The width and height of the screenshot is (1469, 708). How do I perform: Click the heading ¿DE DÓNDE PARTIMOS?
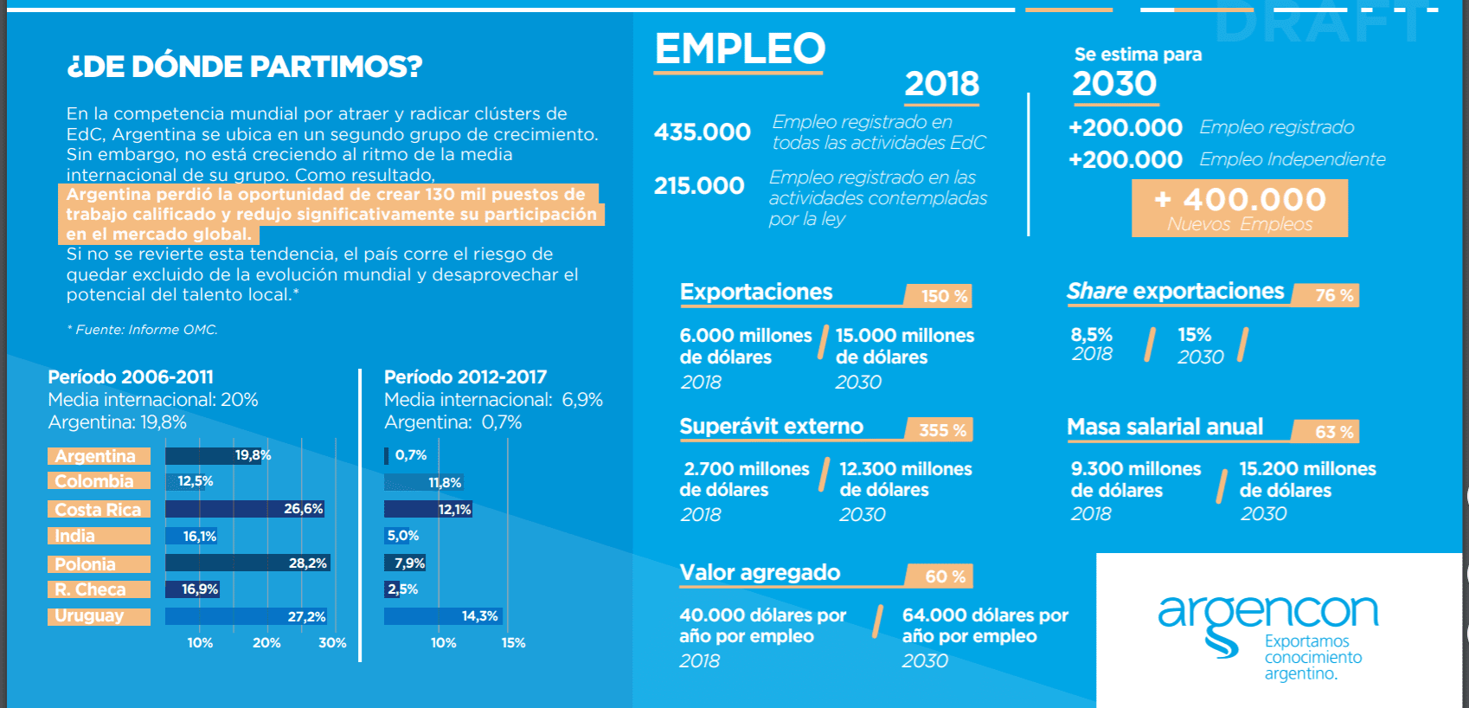(244, 67)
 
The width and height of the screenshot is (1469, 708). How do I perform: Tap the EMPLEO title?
(740, 49)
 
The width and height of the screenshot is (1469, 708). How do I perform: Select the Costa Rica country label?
(99, 510)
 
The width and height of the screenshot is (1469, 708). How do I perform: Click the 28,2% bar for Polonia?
(247, 563)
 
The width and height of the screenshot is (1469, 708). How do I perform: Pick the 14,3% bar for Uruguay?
(443, 616)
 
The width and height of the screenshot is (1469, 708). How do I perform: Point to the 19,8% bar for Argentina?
(218, 455)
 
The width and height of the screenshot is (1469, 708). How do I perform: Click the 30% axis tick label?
(332, 643)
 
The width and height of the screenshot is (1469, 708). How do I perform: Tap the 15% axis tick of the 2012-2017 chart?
(513, 643)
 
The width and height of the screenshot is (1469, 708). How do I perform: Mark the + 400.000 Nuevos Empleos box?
(1240, 208)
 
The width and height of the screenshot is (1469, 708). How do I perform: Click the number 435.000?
(702, 132)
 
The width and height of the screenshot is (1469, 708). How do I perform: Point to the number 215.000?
(699, 186)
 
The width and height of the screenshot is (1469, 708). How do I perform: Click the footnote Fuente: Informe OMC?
(144, 330)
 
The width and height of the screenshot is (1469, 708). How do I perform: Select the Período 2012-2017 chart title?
(465, 377)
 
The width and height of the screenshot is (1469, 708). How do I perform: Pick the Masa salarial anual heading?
(1164, 428)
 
